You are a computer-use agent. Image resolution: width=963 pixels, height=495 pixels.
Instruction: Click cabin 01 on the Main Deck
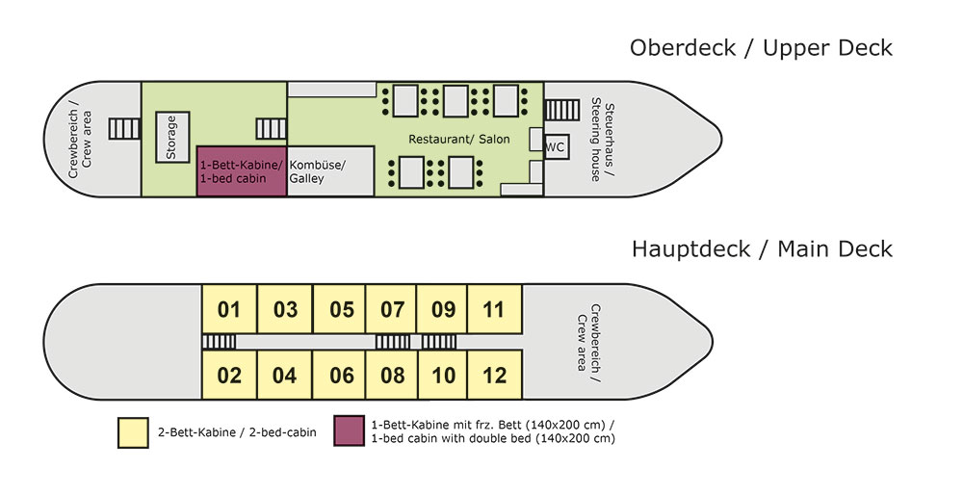[229, 310]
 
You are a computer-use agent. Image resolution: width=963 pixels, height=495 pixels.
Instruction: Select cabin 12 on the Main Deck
[494, 375]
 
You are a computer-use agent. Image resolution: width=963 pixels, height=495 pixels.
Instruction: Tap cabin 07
[392, 310]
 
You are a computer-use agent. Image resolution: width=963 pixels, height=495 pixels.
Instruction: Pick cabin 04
[285, 375]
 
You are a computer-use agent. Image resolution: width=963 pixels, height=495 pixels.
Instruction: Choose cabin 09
[443, 310]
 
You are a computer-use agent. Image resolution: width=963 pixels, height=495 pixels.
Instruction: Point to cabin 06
[342, 375]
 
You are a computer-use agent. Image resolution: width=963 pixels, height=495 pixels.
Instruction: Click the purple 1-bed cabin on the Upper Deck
[242, 171]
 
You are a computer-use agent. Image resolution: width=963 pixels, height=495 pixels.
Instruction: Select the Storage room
[173, 137]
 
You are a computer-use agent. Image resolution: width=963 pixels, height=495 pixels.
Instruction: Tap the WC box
[556, 146]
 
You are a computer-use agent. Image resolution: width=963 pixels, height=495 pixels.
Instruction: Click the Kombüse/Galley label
[318, 171]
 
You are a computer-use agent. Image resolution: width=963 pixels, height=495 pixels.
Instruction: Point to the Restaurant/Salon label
[459, 140]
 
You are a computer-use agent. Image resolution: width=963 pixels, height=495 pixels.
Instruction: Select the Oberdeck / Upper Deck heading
[761, 47]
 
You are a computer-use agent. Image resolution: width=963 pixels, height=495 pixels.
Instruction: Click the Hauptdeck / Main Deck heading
[762, 249]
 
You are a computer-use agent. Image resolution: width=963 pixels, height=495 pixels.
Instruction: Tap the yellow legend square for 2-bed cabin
[132, 431]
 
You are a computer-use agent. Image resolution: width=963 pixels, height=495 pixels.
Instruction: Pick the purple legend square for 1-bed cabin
[349, 431]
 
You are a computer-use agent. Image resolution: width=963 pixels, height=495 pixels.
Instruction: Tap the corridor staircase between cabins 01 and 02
[219, 342]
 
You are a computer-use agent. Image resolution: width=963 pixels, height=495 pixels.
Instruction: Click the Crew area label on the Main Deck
[588, 338]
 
